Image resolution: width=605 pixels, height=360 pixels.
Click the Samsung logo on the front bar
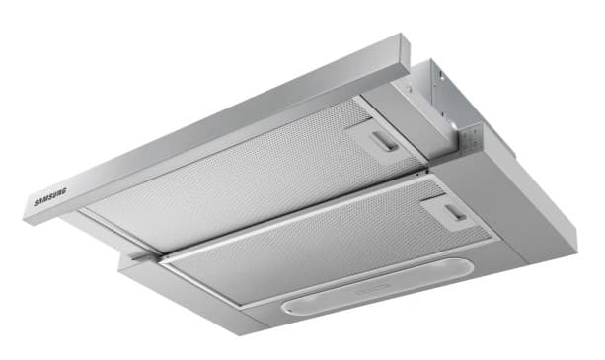click(50, 196)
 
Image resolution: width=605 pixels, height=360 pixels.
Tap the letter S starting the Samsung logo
click(37, 202)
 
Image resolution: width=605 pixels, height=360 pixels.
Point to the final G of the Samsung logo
click(64, 191)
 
